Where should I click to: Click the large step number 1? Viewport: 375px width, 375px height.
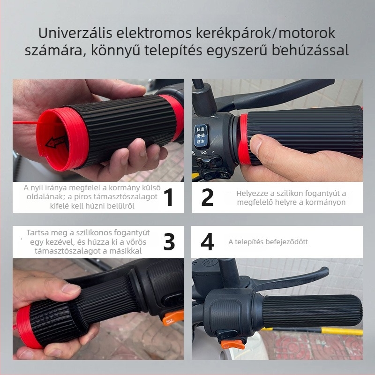coord(169,197)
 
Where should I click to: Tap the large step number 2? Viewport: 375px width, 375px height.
coord(207,197)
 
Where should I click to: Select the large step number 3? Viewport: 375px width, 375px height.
coord(169,242)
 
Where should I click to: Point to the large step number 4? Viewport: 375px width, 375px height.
coord(207,242)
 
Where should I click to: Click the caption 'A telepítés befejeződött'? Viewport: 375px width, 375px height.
coord(268,242)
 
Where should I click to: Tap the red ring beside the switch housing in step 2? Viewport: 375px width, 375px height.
coord(243,141)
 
